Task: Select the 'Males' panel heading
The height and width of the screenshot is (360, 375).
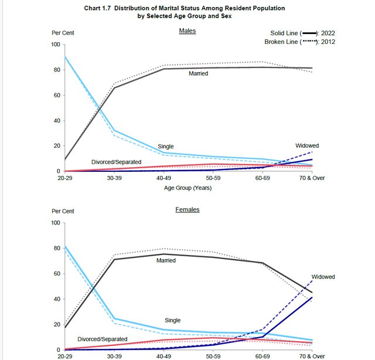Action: pyautogui.click(x=187, y=30)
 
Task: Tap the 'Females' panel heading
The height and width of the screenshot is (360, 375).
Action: pyautogui.click(x=187, y=209)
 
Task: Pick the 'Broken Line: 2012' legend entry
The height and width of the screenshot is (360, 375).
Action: pyautogui.click(x=299, y=42)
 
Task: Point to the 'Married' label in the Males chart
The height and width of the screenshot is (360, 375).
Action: pyautogui.click(x=199, y=74)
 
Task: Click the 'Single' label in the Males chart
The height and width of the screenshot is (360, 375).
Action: pyautogui.click(x=166, y=147)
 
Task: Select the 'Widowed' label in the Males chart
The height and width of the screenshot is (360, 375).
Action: pyautogui.click(x=306, y=145)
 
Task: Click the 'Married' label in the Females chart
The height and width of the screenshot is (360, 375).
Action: pyautogui.click(x=166, y=260)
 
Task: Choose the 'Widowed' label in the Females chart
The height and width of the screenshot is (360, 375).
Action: pyautogui.click(x=323, y=276)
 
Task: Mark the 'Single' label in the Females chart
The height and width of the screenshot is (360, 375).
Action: pyautogui.click(x=173, y=320)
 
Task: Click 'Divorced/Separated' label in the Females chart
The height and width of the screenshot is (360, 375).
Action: pyautogui.click(x=103, y=339)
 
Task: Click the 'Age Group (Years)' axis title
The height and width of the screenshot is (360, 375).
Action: pyautogui.click(x=187, y=188)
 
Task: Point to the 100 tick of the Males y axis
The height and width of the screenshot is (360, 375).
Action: pyautogui.click(x=56, y=45)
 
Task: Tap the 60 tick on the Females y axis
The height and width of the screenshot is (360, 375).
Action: pyautogui.click(x=57, y=274)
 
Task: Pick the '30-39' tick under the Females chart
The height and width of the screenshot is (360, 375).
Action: pyautogui.click(x=115, y=356)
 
